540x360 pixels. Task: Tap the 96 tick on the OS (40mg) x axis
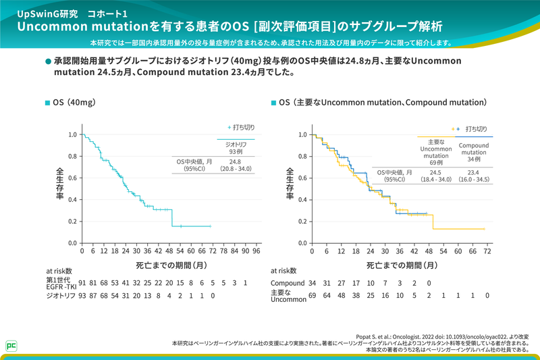coord(256,250)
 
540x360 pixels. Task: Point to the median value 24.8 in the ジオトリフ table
coord(235,162)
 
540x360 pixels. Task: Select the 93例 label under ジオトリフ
coord(235,151)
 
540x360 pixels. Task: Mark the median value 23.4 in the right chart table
coord(474,173)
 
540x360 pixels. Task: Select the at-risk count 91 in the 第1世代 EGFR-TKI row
coord(82,283)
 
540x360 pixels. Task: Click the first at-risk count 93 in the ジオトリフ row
coord(82,296)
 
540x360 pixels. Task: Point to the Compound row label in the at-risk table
coord(288,283)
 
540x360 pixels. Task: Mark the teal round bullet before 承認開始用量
coord(48,61)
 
